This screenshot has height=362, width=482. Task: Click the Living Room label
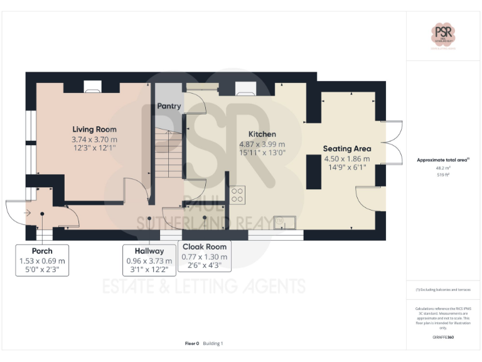[x=94, y=129]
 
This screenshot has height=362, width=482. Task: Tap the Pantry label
[x=169, y=106]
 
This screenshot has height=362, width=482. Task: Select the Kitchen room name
[x=262, y=134]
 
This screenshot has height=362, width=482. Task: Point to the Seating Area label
[x=347, y=149]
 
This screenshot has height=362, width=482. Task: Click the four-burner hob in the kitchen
[x=237, y=195]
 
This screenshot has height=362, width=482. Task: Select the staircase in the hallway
[x=168, y=157]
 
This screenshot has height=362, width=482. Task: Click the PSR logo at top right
[x=444, y=34]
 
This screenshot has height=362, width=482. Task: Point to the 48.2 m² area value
[x=443, y=168]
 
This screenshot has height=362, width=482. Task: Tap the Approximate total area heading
[x=443, y=160]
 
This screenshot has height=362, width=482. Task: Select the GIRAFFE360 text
[x=443, y=337]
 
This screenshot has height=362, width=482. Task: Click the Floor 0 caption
[x=191, y=343]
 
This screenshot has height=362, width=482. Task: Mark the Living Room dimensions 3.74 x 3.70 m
[x=94, y=139]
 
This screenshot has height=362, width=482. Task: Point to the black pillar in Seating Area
[x=312, y=171]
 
